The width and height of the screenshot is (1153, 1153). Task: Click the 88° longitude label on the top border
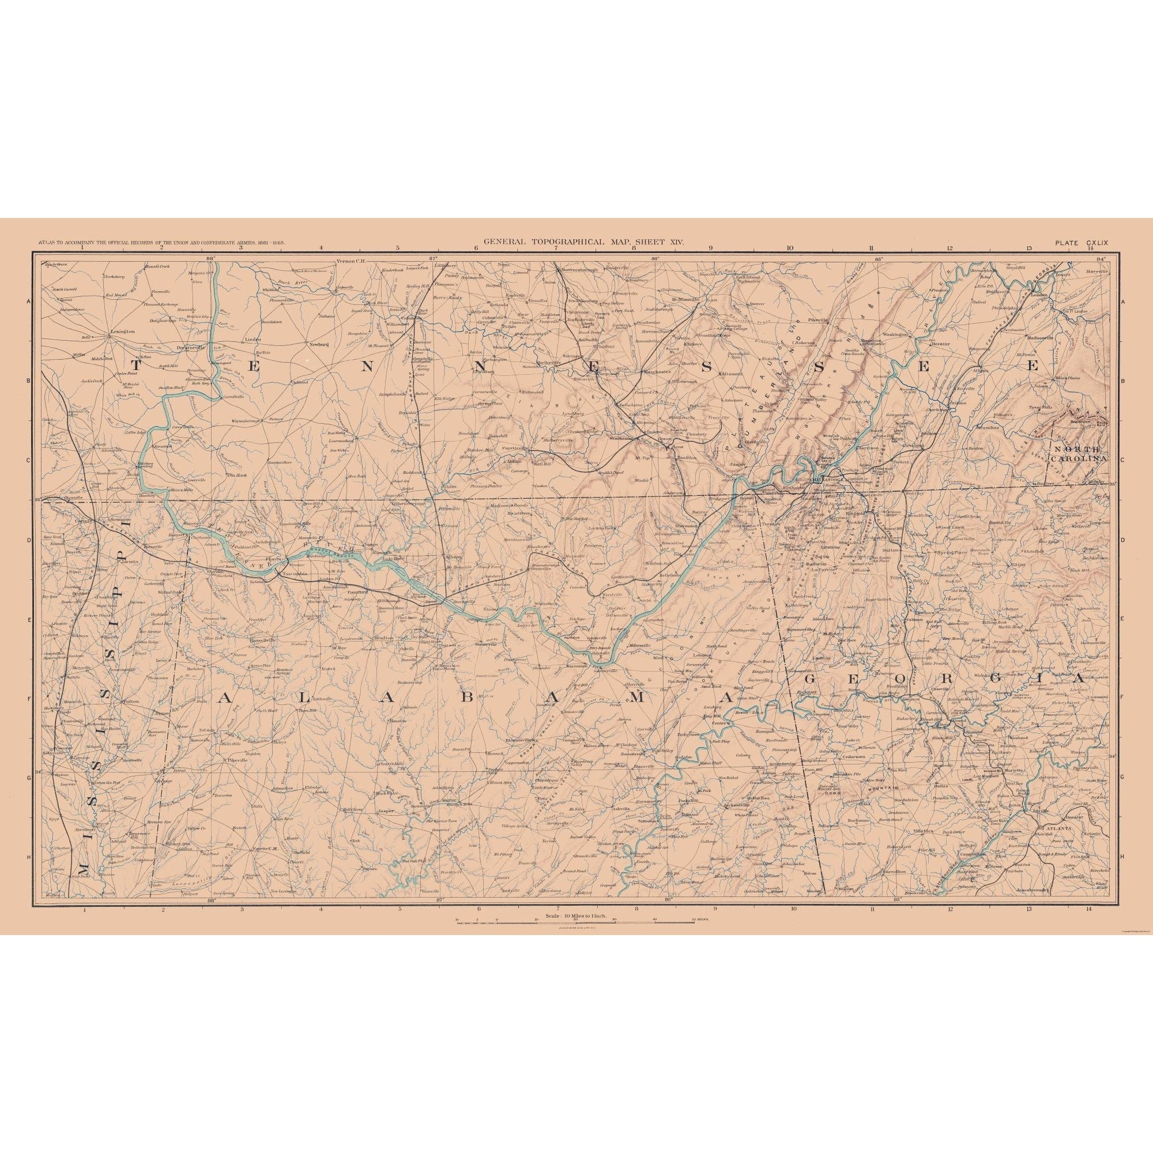[210, 258]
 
